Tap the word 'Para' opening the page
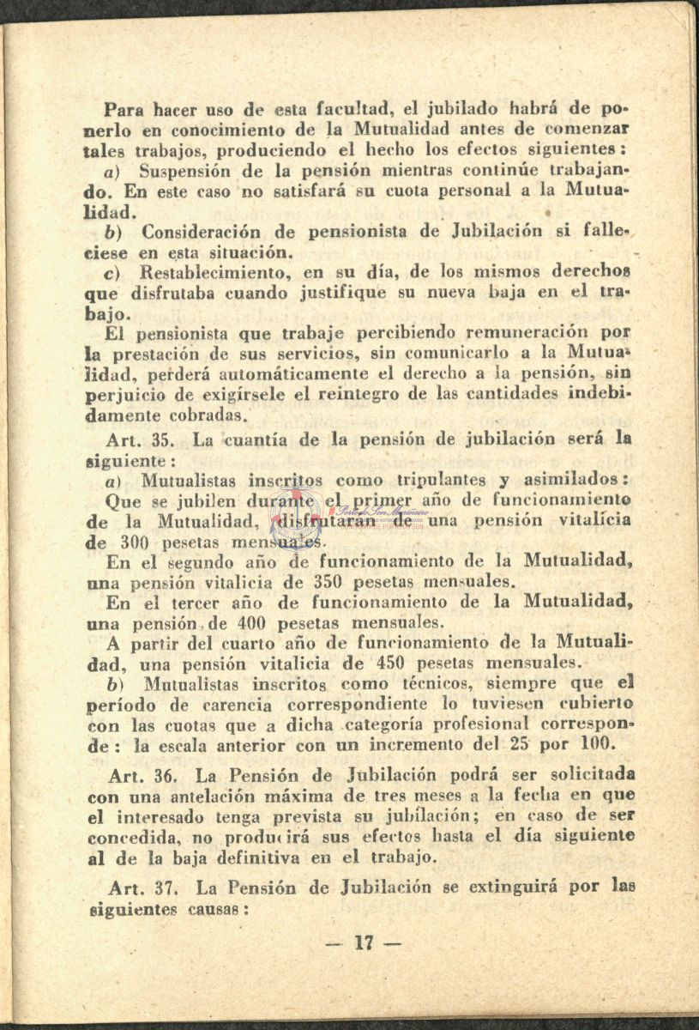pos(124,109)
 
